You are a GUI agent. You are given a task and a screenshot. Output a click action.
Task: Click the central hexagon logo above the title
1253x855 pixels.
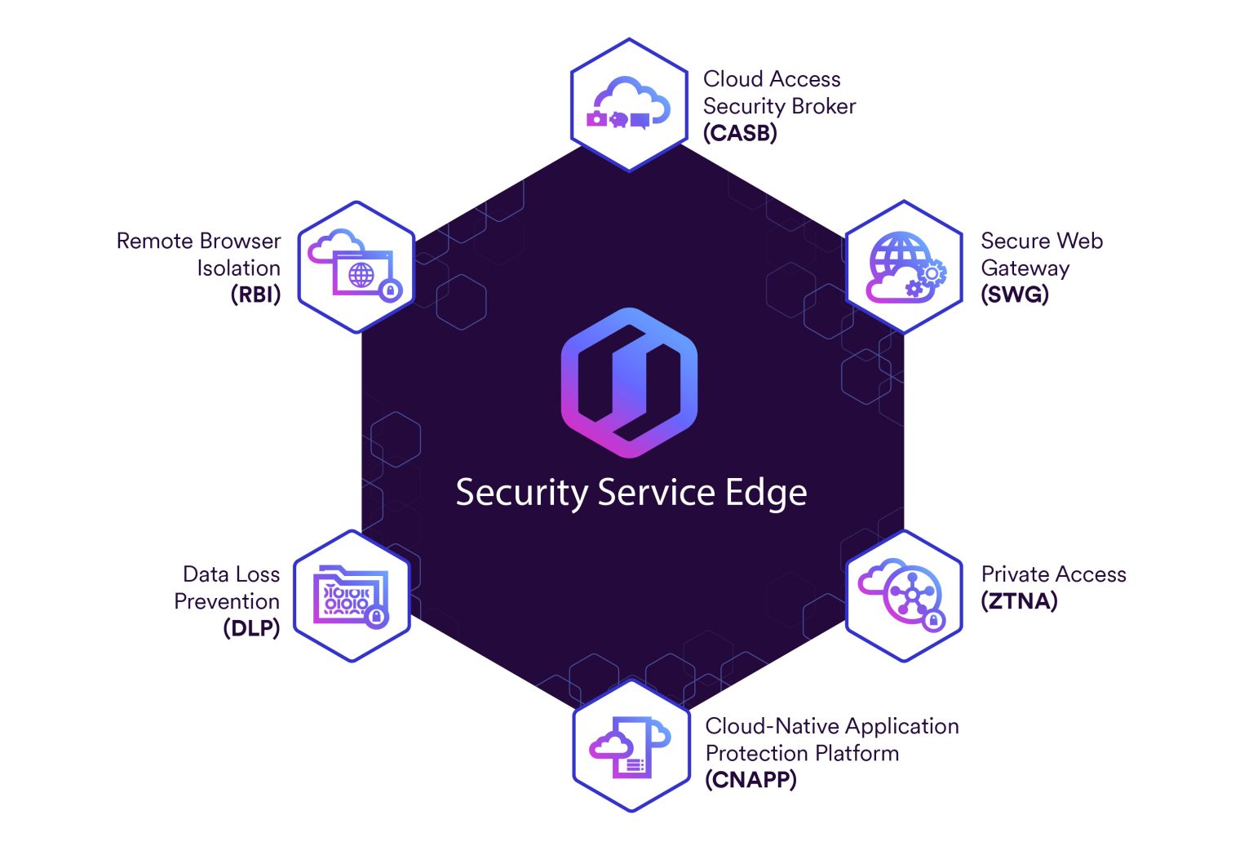(x=629, y=383)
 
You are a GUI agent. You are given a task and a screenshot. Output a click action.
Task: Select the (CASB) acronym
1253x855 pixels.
(x=740, y=132)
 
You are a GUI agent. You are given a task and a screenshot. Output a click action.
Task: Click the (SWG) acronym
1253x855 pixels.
(x=1015, y=295)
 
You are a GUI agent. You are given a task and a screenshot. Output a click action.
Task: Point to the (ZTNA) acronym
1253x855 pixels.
(x=1019, y=601)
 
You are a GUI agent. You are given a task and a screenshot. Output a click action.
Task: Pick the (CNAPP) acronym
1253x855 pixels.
(x=750, y=780)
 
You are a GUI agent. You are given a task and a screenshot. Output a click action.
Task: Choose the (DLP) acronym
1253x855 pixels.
(x=251, y=628)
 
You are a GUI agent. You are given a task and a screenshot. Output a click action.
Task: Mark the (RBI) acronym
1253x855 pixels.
(x=255, y=295)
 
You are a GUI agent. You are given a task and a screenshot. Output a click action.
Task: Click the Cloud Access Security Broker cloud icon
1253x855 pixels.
(x=629, y=104)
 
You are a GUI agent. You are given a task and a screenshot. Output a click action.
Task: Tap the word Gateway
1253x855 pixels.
(x=1025, y=268)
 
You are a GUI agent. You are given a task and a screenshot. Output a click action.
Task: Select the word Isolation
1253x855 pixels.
(x=238, y=268)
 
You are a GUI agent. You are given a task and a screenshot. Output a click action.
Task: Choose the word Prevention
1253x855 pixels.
(x=227, y=601)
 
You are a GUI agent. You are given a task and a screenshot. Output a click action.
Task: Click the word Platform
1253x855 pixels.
(x=861, y=753)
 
